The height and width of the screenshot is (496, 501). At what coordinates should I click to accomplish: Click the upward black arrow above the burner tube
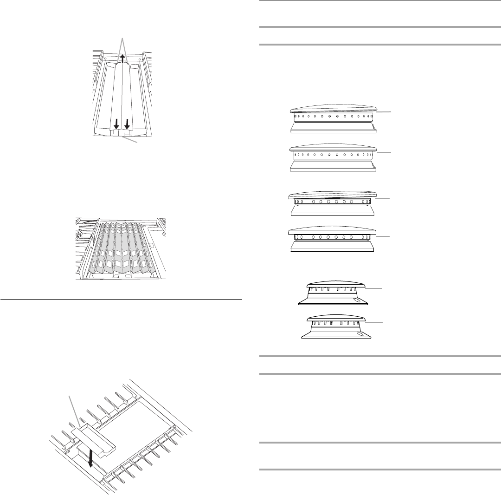(122, 58)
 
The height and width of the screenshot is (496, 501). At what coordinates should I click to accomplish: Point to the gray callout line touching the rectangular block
(74, 409)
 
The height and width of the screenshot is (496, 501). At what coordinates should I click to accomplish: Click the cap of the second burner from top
(333, 149)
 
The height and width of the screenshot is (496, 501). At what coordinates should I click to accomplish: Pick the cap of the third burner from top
(333, 195)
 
